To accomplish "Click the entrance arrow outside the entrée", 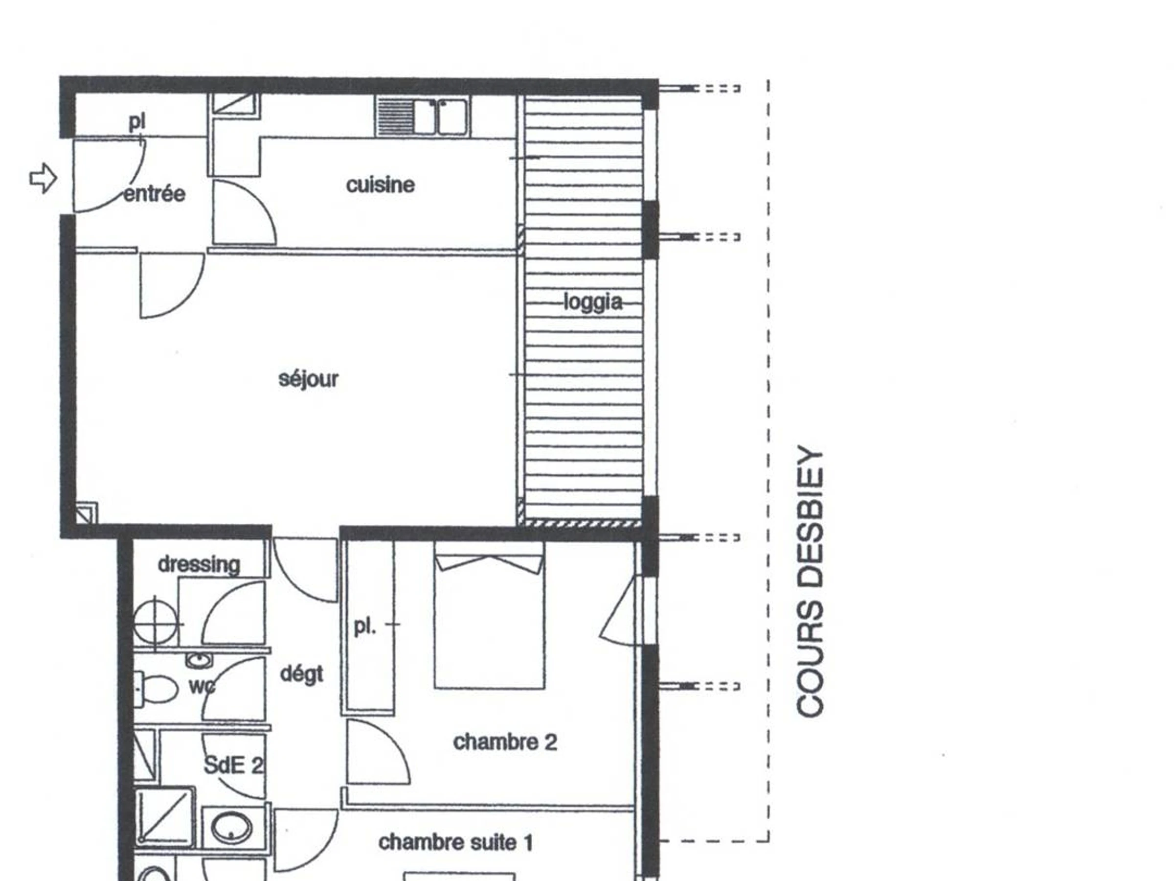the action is pos(43,179).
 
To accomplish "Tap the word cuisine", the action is pos(381,185).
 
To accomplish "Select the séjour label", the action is pos(308,379).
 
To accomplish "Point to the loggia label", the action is pos(593,302).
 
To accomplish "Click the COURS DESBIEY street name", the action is pos(811,581).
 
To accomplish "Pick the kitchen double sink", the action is pos(423,116).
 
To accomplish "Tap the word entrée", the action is pos(155,194).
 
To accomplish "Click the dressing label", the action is pos(199,564).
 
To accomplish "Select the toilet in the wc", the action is pos(156,690).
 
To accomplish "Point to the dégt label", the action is pos(301,674).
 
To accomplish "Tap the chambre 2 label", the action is pos(505,742).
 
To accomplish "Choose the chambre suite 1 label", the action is pos(455,843).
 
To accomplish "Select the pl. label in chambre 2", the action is pos(364,626).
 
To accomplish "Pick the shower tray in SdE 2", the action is pos(164,816).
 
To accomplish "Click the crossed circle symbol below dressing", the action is pos(155,624).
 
